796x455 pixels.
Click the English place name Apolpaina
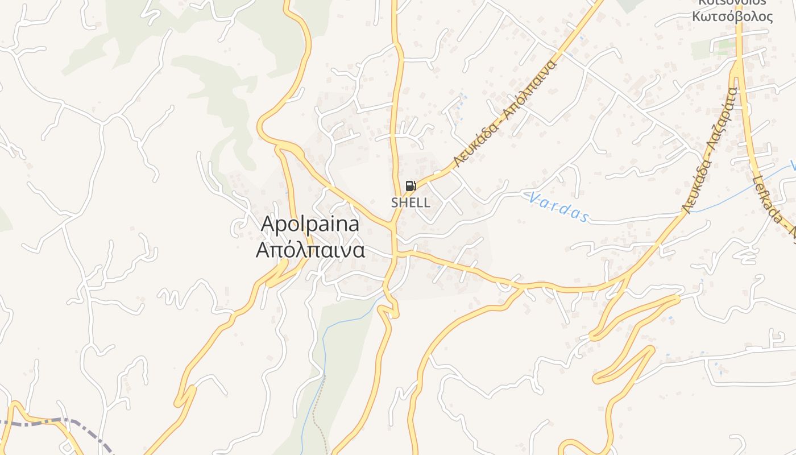coord(310,224)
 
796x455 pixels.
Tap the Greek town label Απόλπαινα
coord(310,250)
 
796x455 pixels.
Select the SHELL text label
coord(411,202)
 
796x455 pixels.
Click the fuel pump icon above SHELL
coord(411,186)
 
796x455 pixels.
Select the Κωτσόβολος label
coord(732,16)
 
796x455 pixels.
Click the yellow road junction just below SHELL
coord(393,226)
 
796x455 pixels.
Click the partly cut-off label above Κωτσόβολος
coord(732,3)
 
